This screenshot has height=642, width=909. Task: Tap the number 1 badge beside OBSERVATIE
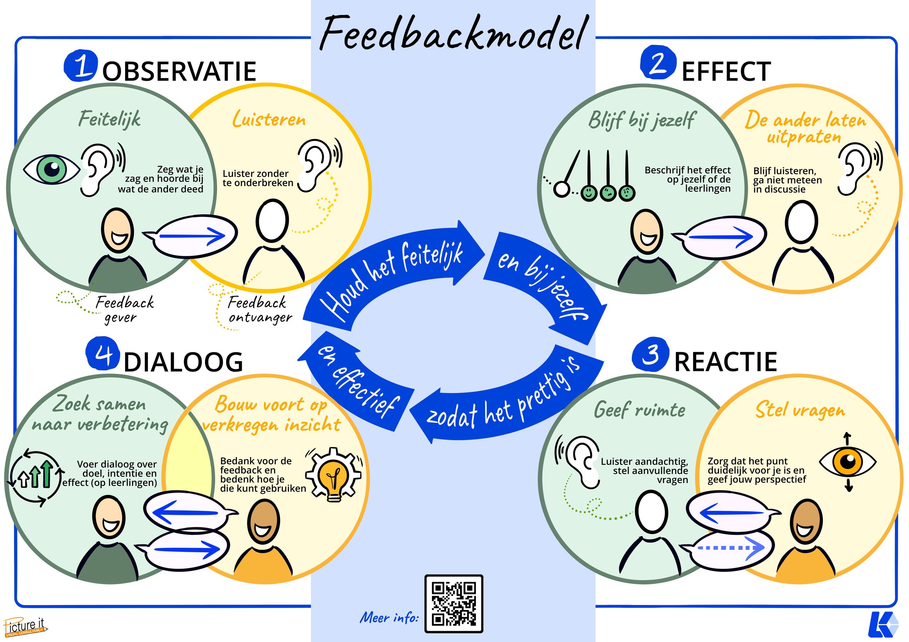[80, 66]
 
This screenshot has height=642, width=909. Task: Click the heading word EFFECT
[726, 72]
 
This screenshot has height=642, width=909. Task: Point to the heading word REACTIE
[725, 362]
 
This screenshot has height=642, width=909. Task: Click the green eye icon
[52, 169]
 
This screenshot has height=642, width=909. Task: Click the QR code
[454, 603]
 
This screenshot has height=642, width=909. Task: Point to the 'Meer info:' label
[389, 617]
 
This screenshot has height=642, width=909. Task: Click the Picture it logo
[25, 627]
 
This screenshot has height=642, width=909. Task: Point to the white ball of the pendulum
[561, 189]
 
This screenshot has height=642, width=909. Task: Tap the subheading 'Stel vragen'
[800, 411]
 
